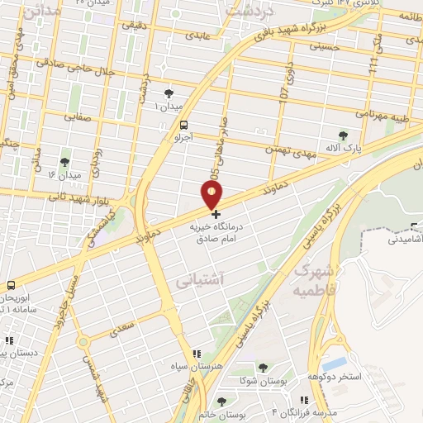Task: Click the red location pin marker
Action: [212, 195]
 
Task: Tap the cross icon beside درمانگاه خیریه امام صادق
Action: [216, 213]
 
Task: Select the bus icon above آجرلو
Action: [183, 125]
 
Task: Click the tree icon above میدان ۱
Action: [169, 93]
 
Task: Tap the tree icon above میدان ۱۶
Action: [65, 161]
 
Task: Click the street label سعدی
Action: [121, 327]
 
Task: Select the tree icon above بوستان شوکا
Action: [263, 368]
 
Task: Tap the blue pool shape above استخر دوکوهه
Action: [335, 364]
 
